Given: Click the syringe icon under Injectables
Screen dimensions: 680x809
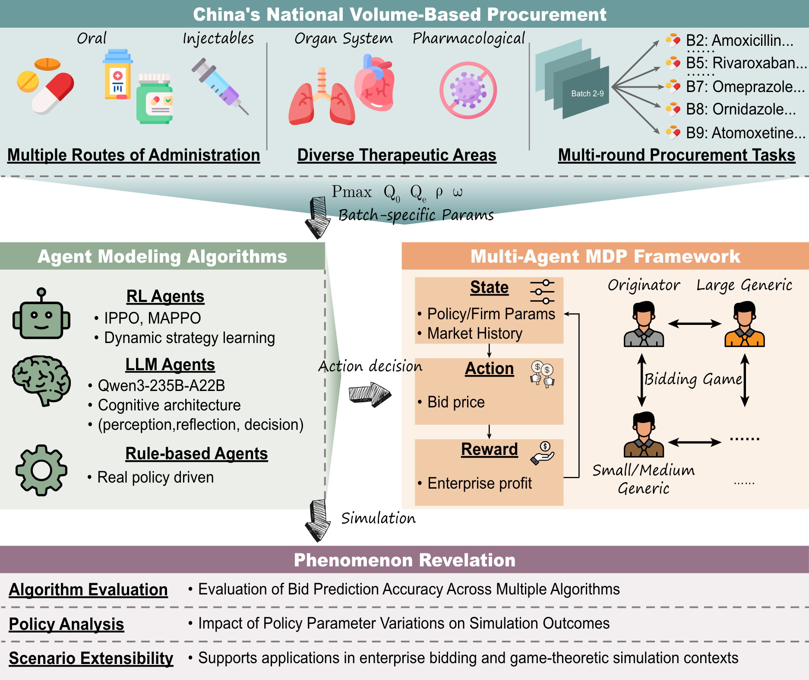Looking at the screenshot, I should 220,86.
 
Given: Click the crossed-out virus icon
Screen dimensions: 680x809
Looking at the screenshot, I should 468,90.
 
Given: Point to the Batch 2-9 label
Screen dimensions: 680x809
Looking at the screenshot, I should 587,94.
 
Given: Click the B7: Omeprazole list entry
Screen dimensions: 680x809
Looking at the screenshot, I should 745,86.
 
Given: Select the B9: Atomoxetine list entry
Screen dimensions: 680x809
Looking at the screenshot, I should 745,133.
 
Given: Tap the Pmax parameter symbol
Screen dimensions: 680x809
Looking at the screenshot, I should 351,192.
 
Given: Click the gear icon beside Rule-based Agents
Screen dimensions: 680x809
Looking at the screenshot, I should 41,470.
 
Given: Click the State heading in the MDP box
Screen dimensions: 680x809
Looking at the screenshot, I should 489,287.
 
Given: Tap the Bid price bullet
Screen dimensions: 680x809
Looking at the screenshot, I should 456,402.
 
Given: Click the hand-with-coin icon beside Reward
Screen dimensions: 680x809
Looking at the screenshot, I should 542,453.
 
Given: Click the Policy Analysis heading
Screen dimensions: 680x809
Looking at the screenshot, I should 66,624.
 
